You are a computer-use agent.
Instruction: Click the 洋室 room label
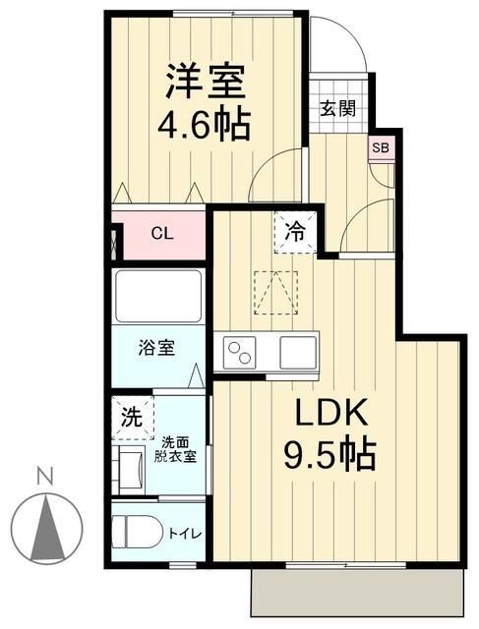point(205,80)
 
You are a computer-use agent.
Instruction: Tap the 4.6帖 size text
point(205,124)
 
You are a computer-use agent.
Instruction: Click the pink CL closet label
point(162,234)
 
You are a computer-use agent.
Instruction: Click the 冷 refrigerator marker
point(295,233)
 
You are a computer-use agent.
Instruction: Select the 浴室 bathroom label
point(156,348)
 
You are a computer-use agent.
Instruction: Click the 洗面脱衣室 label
point(180,450)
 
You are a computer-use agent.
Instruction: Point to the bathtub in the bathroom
point(158,294)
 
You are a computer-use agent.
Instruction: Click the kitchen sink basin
point(297,351)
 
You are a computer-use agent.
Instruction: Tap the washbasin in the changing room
point(129,463)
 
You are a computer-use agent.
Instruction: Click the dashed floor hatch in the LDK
point(275,292)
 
